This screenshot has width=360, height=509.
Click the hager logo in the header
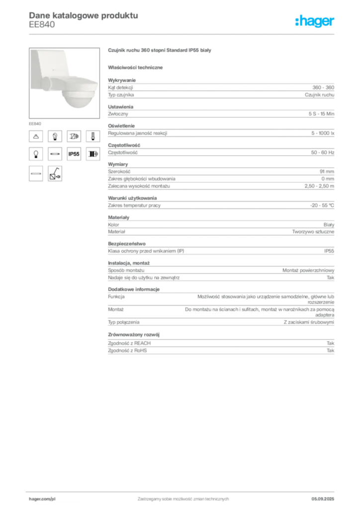(x=315, y=21)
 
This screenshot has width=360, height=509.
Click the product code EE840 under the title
(x=42, y=25)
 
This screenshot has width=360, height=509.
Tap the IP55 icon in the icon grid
(x=74, y=154)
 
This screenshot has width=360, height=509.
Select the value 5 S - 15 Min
(x=321, y=114)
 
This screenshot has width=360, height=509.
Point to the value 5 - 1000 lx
(x=323, y=133)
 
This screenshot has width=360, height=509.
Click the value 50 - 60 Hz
(x=323, y=153)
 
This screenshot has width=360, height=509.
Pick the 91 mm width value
(x=327, y=171)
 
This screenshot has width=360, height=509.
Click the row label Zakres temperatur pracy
(x=134, y=205)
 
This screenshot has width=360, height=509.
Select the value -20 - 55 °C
(x=322, y=205)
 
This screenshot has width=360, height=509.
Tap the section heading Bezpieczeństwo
(x=127, y=244)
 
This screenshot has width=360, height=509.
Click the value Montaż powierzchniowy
(x=308, y=270)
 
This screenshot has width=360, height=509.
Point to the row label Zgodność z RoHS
(x=127, y=350)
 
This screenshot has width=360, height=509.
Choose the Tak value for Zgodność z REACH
(x=331, y=343)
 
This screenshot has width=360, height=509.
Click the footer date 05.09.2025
(x=323, y=499)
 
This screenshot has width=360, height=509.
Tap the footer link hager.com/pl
(x=42, y=499)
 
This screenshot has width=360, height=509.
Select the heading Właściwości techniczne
(x=135, y=68)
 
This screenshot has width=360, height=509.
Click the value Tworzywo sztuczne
(x=313, y=232)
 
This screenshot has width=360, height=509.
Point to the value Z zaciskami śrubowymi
(x=309, y=322)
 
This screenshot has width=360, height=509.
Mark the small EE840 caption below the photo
(x=35, y=124)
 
